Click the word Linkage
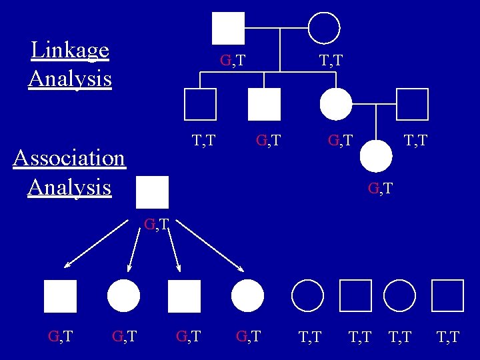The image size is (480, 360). pos(70,50)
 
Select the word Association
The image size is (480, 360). pos(69,158)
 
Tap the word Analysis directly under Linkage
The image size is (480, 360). pos(70,79)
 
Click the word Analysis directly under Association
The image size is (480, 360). pos(69,187)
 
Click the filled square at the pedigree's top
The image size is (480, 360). pos(228,28)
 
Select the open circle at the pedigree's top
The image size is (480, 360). pos(324,28)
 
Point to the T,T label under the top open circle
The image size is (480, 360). pos(331,61)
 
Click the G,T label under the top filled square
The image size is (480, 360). pos(233,61)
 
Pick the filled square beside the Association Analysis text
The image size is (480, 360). pos(152,193)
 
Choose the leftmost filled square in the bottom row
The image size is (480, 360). pos(61,296)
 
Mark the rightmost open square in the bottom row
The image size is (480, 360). pos(447,296)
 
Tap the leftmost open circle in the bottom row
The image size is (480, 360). pos(307,296)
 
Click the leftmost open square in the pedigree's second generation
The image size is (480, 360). pos(200,104)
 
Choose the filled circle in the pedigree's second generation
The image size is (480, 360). pos(336,104)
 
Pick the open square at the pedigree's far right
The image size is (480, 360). pos(411,104)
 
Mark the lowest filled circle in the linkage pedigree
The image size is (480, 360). pos(376,157)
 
